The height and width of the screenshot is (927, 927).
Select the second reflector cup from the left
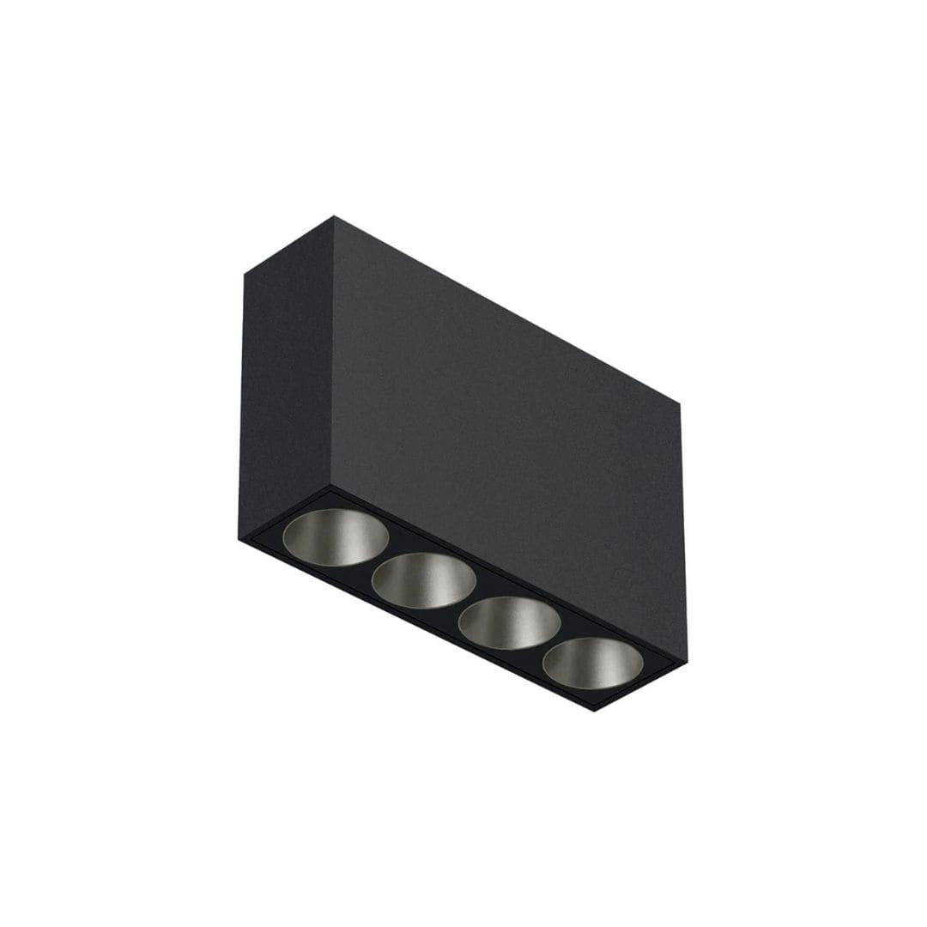pyautogui.click(x=424, y=580)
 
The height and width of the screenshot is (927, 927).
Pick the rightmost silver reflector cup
pyautogui.click(x=592, y=663)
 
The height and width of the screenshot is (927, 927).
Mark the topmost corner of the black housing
pyautogui.click(x=334, y=216)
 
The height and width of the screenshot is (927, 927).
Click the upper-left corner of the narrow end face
pyautogui.click(x=245, y=275)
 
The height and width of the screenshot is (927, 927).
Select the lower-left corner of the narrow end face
pyautogui.click(x=239, y=538)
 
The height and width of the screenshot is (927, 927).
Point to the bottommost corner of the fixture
pyautogui.click(x=595, y=712)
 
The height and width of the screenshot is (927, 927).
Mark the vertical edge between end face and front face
pyautogui.click(x=332, y=352)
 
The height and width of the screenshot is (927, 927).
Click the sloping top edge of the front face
pyautogui.click(x=506, y=310)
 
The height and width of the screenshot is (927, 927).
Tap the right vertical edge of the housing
pyautogui.click(x=684, y=532)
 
